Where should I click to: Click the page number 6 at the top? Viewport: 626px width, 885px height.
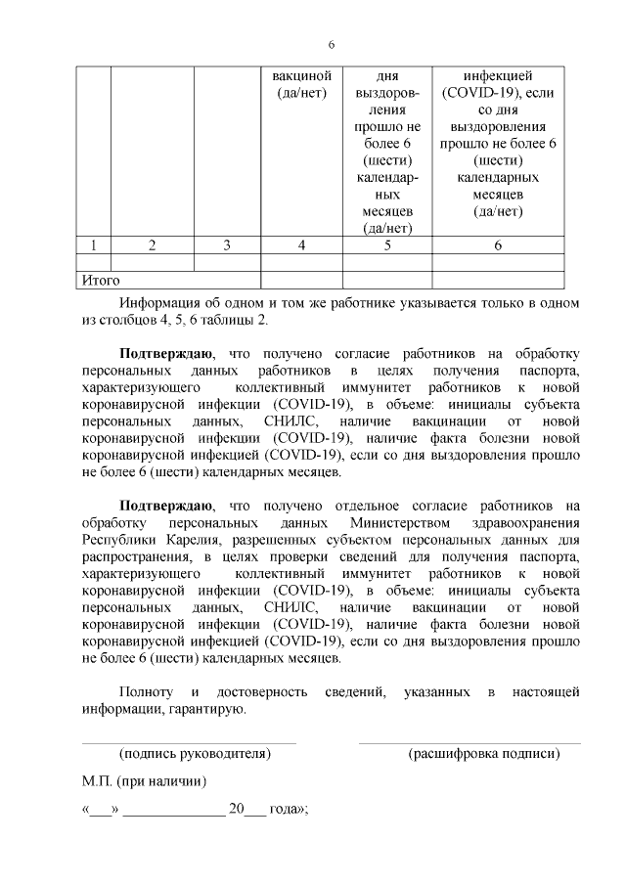[x=332, y=45]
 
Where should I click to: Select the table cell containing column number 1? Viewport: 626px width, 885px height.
[x=94, y=245]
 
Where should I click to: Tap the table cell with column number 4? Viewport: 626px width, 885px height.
[x=302, y=245]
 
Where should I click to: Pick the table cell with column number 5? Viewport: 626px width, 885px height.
[x=387, y=245]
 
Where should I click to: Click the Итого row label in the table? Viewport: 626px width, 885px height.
[x=101, y=281]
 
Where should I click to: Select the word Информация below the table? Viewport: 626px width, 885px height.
[x=168, y=303]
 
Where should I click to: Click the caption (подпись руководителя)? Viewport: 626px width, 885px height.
[x=194, y=754]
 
